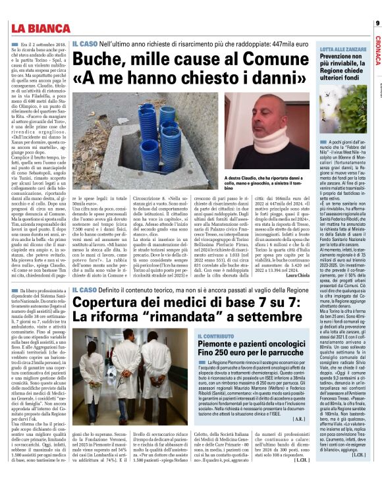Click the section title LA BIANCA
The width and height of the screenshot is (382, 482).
[40, 28]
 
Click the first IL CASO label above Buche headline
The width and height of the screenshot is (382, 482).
[86, 43]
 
